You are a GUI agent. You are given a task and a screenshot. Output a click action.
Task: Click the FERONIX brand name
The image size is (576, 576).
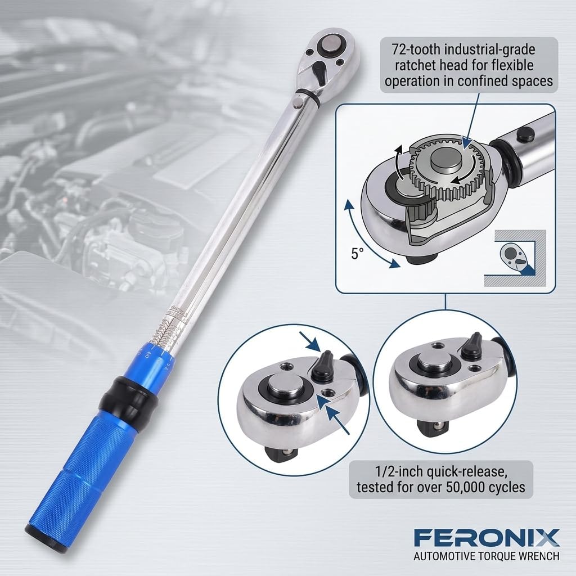[487, 538]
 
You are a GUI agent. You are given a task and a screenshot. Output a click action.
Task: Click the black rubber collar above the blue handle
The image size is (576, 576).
[127, 397]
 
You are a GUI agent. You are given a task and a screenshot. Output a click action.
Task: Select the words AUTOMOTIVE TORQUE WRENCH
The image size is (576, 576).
[486, 557]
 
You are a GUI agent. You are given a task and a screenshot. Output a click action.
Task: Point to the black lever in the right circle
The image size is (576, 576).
[471, 345]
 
